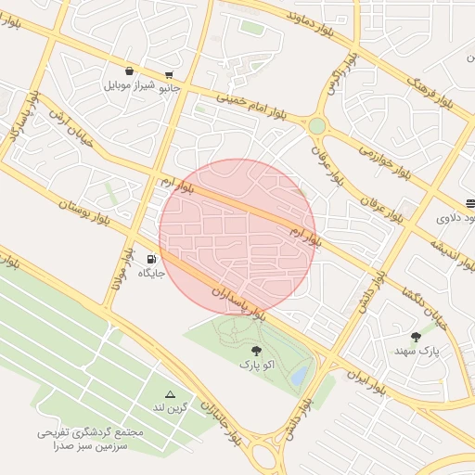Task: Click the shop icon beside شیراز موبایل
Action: [x=128, y=71]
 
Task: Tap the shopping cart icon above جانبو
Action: [x=168, y=75]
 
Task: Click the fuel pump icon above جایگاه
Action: [x=151, y=258]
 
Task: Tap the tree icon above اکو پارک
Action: [x=256, y=351]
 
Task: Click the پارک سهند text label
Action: [x=416, y=351]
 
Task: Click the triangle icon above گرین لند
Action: [x=169, y=394]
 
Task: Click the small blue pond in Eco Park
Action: [x=299, y=376]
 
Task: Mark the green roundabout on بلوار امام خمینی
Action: [x=317, y=125]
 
